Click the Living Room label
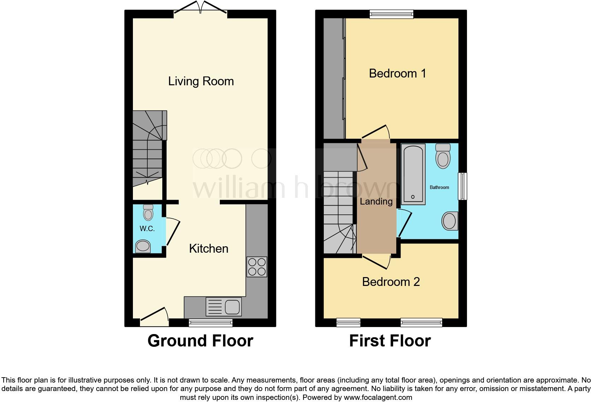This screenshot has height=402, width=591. pos(201,81)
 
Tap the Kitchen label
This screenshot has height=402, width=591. pos(209,248)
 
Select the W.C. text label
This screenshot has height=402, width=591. pos(147,229)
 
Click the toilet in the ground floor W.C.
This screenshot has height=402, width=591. pos(148,212)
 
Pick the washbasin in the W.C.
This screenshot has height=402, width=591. pos(143,246)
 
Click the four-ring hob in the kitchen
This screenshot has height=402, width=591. pos(257,267)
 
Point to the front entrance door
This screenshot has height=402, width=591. pos(154,317)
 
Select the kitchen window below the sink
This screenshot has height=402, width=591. pos(211,322)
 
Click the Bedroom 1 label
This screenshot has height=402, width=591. pos(397,73)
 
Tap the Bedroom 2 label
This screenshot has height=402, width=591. pos(391,282)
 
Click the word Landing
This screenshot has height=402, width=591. pos(376,201)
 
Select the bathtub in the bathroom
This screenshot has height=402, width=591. pos(413,174)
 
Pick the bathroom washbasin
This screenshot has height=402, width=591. pos(449,221)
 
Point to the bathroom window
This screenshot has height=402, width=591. pos(462,186)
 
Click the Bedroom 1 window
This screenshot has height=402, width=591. pos(391,14)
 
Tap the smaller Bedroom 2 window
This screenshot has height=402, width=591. pos(348,322)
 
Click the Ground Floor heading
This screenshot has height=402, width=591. pos(200,341)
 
